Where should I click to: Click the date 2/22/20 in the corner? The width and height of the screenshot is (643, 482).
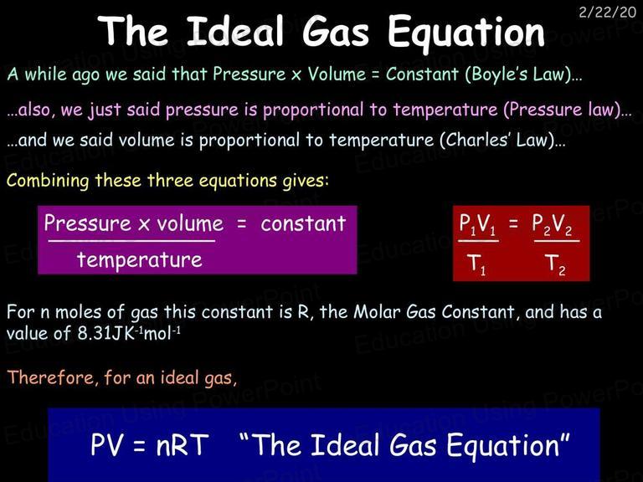(607, 12)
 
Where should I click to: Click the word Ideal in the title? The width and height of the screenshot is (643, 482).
(235, 31)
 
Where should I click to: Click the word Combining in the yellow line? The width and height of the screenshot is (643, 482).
(48, 181)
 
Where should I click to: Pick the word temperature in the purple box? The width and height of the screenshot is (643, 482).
(140, 260)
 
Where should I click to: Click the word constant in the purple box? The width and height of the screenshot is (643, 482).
(303, 223)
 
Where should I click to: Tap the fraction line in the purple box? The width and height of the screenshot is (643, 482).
(131, 241)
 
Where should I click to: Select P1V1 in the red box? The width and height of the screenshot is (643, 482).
(477, 225)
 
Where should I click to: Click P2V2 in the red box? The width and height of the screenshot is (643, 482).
(552, 225)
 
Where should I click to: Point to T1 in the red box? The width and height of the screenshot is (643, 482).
(476, 264)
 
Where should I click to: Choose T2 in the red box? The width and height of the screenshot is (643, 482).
(555, 264)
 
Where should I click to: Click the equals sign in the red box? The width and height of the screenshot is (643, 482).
(513, 223)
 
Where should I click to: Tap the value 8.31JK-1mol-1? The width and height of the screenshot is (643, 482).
(129, 333)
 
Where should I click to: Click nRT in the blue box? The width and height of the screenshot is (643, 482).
(182, 445)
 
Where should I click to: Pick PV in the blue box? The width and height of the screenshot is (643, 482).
(106, 445)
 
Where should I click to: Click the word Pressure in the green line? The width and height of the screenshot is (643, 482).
(249, 74)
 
